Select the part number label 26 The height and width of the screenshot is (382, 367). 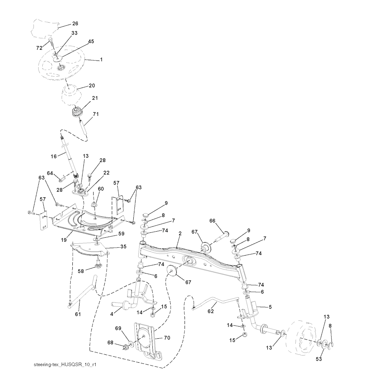[x=75, y=24]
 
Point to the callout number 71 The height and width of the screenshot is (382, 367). [x=96, y=114]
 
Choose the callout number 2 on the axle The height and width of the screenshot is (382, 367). [x=180, y=233]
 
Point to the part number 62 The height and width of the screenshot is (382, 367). [x=211, y=311]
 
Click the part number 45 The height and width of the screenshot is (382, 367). [x=91, y=42]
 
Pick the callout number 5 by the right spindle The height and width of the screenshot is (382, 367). [x=270, y=306]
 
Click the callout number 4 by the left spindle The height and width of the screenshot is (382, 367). [x=111, y=314]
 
